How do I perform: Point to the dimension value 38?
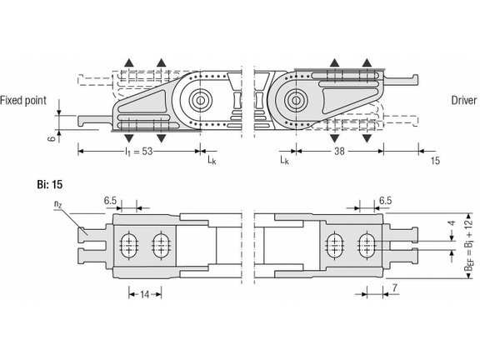[x=339, y=152]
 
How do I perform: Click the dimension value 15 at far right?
[x=435, y=160]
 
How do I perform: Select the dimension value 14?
[x=144, y=294]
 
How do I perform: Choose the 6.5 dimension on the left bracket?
[x=111, y=201]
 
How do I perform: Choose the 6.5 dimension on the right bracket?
[x=385, y=201]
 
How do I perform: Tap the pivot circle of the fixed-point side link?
[x=199, y=101]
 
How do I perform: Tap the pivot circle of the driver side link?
[x=292, y=101]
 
